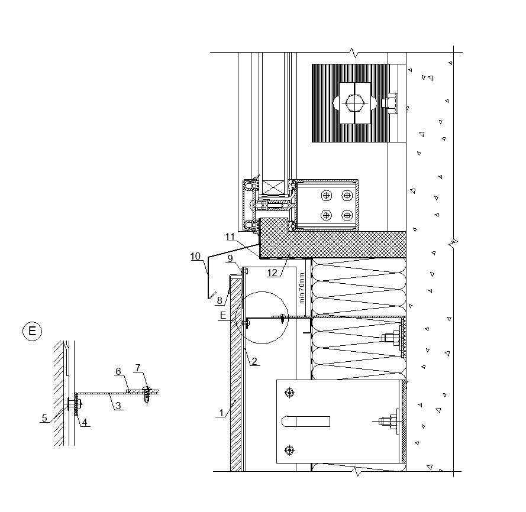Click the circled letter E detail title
tap(32, 331)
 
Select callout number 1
tap(221, 413)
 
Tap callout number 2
tap(254, 361)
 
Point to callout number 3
tap(118, 406)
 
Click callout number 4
tap(85, 422)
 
